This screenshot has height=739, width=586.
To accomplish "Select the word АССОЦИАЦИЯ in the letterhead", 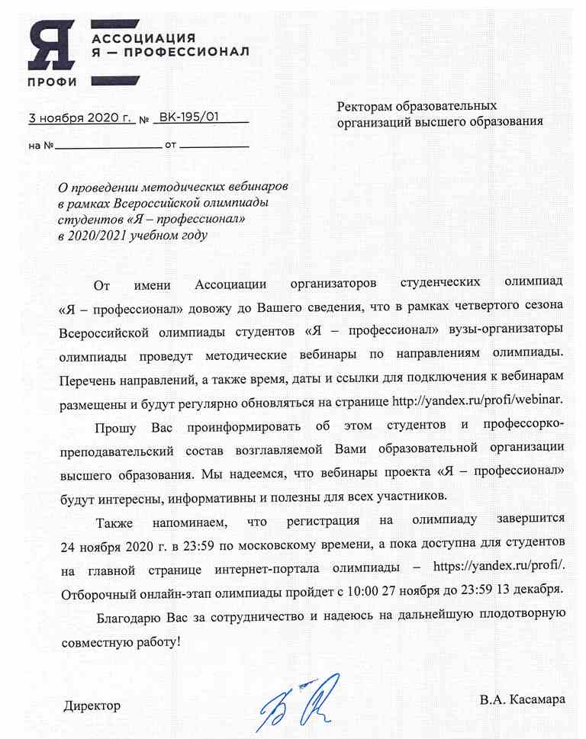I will [x=143, y=38].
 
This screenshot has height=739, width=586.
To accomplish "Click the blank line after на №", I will [x=107, y=144].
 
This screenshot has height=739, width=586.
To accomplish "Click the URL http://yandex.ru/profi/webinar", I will [x=478, y=400].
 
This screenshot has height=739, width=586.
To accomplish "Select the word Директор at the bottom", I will [x=92, y=705].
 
